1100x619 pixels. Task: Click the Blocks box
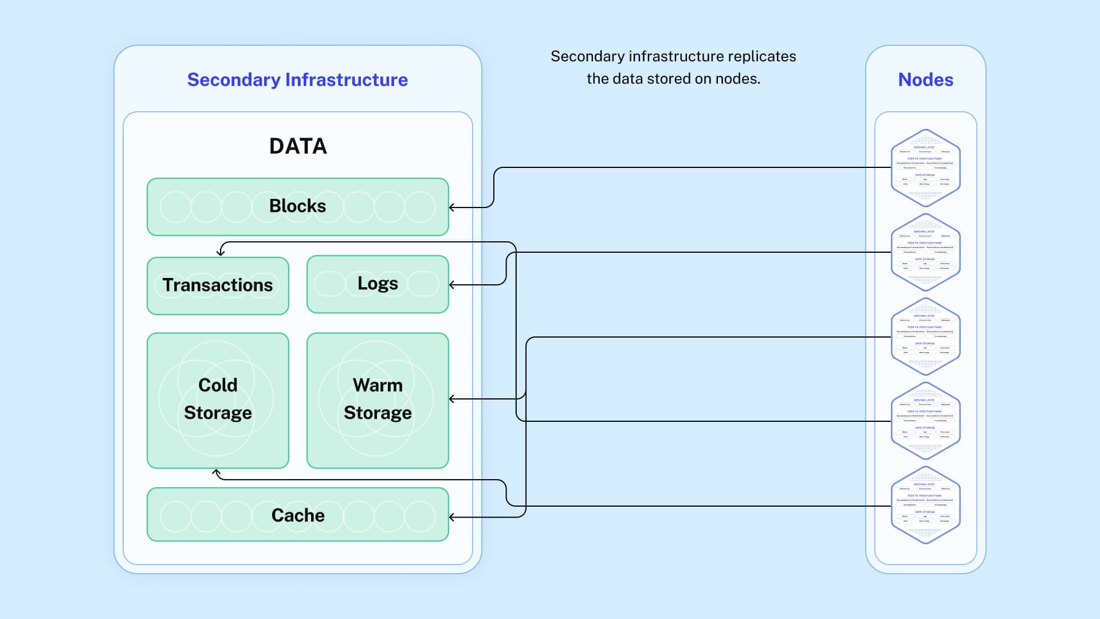click(x=297, y=206)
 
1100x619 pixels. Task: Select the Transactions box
click(x=218, y=285)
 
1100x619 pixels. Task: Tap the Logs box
click(x=378, y=284)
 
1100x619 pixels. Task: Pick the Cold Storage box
click(x=218, y=399)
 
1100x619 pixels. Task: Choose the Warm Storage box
click(x=378, y=399)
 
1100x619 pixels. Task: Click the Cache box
click(x=297, y=515)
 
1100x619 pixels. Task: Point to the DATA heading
click(x=298, y=146)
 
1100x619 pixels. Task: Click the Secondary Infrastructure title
click(x=297, y=80)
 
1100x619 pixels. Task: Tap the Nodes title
click(x=925, y=80)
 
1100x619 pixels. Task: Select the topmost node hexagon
click(x=925, y=167)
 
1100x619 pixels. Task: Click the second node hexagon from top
click(x=925, y=252)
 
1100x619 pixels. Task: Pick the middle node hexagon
click(x=925, y=336)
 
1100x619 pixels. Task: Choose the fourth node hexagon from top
click(x=925, y=421)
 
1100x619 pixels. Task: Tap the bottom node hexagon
click(x=925, y=505)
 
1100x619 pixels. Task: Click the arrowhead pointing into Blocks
click(x=452, y=207)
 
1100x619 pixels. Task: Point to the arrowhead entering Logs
click(x=452, y=284)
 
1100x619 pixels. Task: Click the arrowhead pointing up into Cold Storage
click(x=217, y=472)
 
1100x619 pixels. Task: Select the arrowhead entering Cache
click(x=452, y=517)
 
